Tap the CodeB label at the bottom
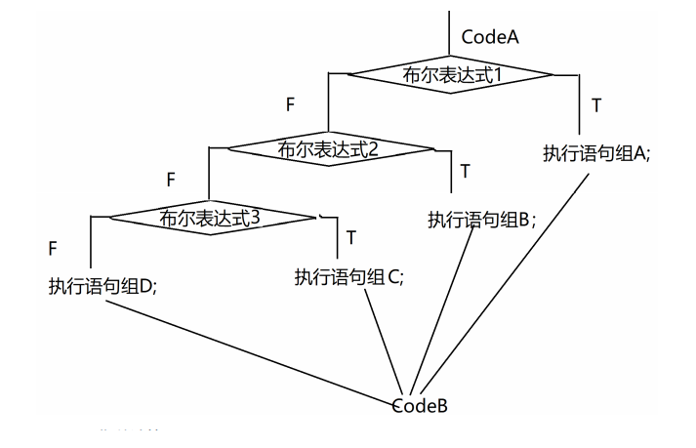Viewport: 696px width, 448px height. point(420,403)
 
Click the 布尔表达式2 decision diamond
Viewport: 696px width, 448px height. point(329,148)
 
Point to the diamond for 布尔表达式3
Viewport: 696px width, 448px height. point(211,218)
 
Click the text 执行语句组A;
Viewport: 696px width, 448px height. point(595,153)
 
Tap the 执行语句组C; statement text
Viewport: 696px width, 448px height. point(348,276)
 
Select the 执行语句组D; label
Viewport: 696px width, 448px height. point(103,286)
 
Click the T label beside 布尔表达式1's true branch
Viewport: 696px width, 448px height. point(596,102)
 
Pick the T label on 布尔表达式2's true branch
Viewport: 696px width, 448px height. point(465,171)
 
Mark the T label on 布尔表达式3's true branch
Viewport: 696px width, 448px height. point(349,237)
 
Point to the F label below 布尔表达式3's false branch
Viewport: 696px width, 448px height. point(52,249)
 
